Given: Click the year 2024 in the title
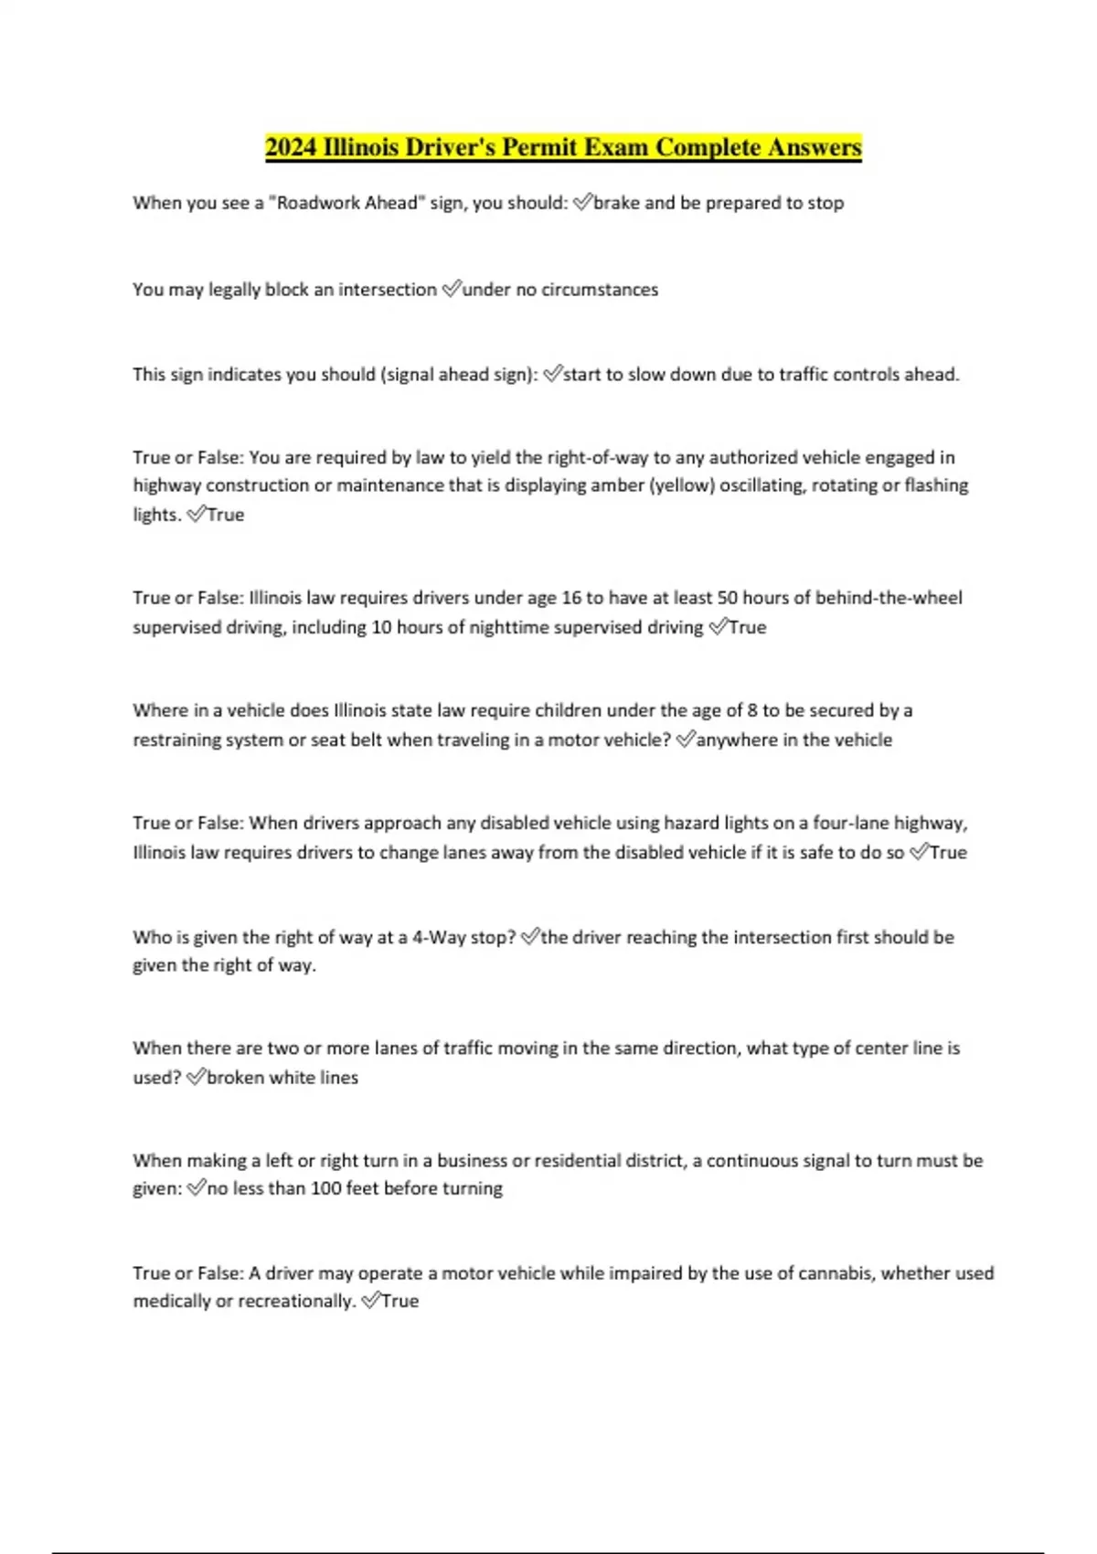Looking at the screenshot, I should coord(291,147).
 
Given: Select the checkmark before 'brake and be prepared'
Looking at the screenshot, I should coord(582,203).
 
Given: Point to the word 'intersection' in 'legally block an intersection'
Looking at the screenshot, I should coord(388,290).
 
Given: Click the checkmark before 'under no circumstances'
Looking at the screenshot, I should coord(452,290).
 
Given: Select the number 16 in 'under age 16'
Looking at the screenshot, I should coord(571,598).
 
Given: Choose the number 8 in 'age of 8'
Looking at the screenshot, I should coord(752,710).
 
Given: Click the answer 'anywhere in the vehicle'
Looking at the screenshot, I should coord(794,740).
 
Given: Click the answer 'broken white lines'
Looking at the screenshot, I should coord(282,1078).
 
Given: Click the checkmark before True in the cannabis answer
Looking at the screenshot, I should coord(370,1301).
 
